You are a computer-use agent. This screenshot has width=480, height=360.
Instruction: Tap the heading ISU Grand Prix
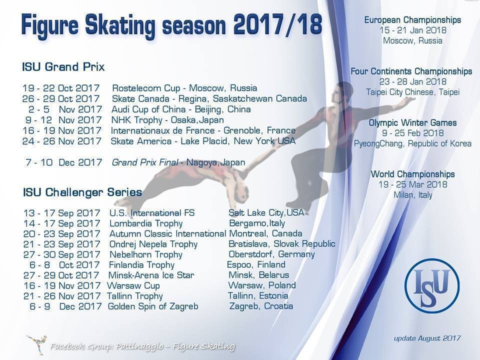[63, 66]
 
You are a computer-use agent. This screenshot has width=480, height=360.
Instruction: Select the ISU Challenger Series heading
[82, 192]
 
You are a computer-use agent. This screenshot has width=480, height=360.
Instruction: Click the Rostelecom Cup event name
[146, 88]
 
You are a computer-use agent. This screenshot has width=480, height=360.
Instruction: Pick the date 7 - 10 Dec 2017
[63, 162]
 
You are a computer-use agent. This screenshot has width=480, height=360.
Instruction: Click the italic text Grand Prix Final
[145, 162]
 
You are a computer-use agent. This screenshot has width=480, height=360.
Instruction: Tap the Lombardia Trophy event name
[146, 223]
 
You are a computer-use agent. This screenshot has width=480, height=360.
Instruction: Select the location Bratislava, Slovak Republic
[282, 243]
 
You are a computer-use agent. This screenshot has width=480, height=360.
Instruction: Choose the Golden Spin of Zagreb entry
[153, 306]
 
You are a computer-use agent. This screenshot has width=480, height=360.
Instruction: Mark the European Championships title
[412, 20]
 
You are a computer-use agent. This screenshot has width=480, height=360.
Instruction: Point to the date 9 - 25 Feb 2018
[412, 133]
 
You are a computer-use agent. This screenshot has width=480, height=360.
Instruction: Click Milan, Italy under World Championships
[412, 195]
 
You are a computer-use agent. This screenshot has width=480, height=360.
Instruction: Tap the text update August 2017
[427, 338]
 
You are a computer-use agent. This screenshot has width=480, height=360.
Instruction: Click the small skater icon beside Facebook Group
[36, 344]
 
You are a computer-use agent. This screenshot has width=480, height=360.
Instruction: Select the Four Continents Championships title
[411, 71]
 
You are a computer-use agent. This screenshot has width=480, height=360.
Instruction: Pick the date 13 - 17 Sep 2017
[62, 213]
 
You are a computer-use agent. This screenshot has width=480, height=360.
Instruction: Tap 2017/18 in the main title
[277, 24]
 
